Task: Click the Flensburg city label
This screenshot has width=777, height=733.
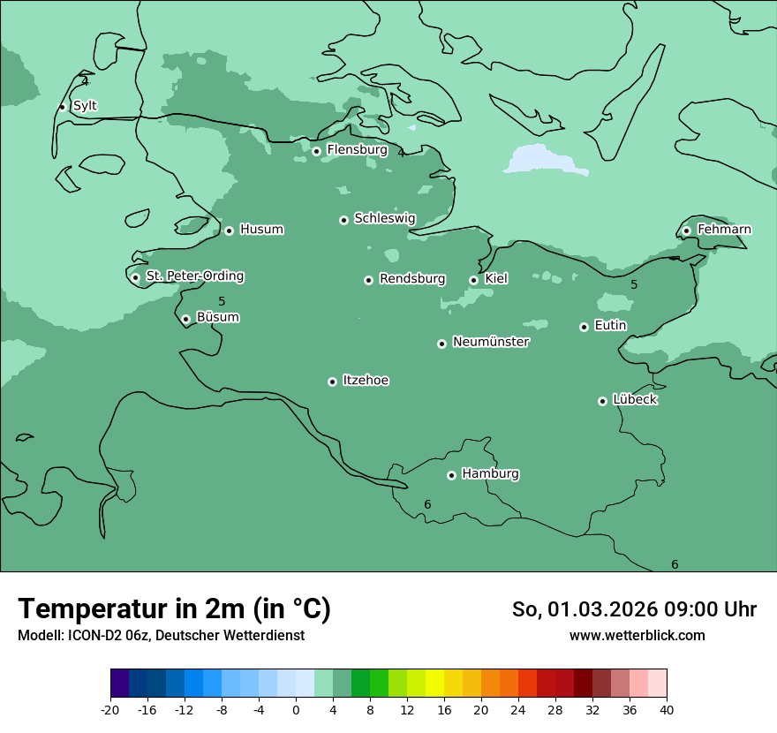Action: point(357,150)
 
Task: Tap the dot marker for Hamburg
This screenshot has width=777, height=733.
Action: point(451,475)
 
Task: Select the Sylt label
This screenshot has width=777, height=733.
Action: point(85,106)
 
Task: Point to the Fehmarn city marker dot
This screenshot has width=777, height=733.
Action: point(686,230)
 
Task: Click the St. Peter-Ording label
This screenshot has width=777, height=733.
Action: point(194,276)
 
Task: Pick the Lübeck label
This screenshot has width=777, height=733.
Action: point(635,400)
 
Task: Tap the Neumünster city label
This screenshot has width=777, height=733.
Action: point(491,342)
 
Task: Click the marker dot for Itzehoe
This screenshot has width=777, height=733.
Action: point(332,382)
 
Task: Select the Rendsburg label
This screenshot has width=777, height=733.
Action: point(412,279)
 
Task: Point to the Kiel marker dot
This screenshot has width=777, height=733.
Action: point(473,280)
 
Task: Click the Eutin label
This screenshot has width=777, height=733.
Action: point(610,326)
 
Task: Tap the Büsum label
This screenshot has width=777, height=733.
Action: point(217,318)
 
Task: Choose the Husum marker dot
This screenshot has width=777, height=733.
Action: point(229,230)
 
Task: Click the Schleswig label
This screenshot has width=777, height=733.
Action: point(384,218)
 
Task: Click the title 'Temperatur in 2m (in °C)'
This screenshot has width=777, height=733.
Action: point(174,608)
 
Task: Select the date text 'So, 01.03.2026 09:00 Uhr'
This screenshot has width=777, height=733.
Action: point(634,609)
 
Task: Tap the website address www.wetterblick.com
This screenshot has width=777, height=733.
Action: point(637,636)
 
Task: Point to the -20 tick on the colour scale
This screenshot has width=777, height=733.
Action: point(110,709)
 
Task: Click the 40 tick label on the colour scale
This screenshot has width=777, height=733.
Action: point(667,709)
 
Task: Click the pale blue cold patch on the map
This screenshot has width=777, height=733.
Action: point(539,160)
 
